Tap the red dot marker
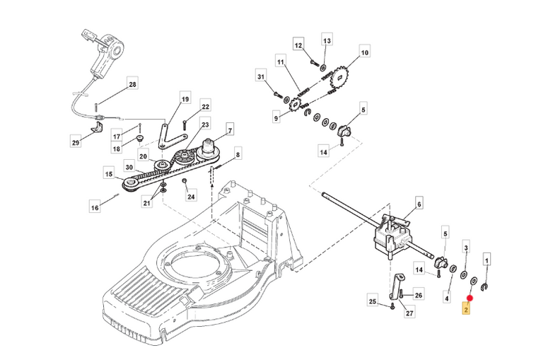click(470, 298)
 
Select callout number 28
click(132, 84)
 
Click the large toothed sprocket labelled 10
click(339, 79)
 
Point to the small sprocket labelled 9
click(296, 105)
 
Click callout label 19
click(185, 100)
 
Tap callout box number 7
click(230, 130)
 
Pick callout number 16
click(95, 207)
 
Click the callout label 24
click(191, 197)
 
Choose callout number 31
click(262, 76)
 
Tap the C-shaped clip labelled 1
click(484, 287)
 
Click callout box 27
click(409, 313)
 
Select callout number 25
click(373, 301)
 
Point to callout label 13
click(327, 41)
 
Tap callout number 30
click(129, 168)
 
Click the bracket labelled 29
click(98, 127)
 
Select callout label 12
click(298, 45)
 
